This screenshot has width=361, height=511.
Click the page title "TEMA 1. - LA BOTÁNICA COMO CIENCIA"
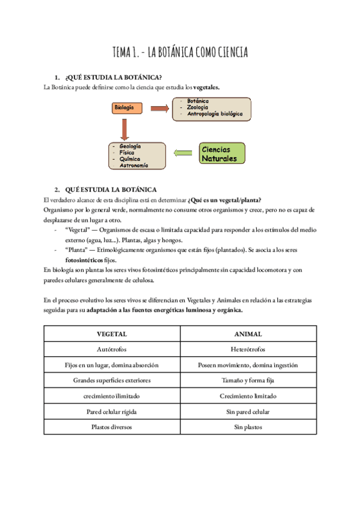[x=180, y=53]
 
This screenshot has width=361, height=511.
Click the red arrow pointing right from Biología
[x=159, y=108]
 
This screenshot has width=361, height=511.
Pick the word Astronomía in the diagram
[x=134, y=165]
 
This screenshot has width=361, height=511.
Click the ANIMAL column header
[x=248, y=333]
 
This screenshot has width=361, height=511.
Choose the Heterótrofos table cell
[x=248, y=349]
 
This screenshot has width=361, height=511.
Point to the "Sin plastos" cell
[x=248, y=427]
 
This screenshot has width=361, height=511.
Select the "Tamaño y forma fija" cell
[x=248, y=380]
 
